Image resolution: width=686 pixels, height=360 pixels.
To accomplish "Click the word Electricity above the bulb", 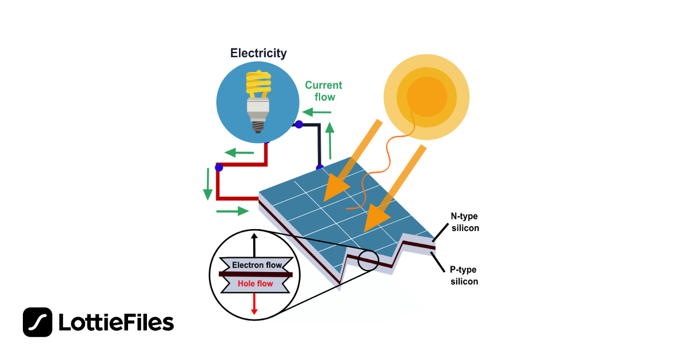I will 258,53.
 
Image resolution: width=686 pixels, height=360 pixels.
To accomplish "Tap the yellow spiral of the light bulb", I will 258,84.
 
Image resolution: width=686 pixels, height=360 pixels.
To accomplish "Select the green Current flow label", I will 324,91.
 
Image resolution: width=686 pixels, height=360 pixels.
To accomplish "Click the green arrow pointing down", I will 208,183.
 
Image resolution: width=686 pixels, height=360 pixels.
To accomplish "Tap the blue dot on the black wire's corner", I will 298,124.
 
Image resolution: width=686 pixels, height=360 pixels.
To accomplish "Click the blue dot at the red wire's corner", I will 218,167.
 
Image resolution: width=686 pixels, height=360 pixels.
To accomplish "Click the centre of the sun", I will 426,97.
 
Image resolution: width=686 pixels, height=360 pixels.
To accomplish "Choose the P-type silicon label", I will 464,275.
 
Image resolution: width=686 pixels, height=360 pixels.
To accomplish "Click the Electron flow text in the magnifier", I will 257,265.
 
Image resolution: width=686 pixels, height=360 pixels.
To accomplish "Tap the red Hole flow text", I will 255,283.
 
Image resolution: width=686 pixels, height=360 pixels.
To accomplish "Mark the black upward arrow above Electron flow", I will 254,245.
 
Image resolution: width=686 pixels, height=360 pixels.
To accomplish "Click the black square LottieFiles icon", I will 38,322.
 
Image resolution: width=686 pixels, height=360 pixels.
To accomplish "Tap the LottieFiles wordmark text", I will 116,323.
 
